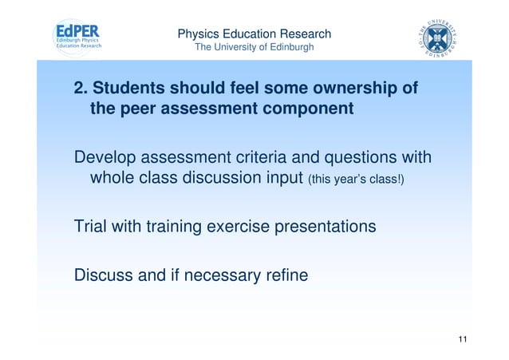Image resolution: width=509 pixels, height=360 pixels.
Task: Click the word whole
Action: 115,177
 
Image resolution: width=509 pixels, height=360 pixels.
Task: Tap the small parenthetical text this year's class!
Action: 356,179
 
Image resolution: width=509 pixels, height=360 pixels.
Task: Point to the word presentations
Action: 325,227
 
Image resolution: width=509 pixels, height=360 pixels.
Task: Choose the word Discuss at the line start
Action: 105,276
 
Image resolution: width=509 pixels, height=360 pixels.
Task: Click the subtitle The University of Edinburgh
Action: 254,49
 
